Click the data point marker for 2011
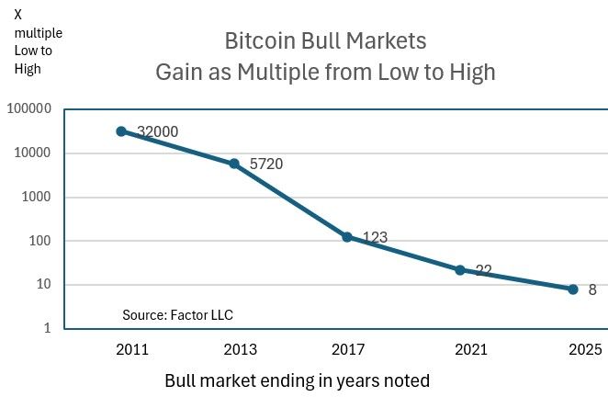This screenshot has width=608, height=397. point(120,131)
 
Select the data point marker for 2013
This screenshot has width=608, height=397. point(234,164)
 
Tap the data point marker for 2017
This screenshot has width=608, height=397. point(347,237)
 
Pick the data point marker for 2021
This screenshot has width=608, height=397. point(460,270)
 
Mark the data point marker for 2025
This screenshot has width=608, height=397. point(573,289)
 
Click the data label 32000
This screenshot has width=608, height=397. point(157,131)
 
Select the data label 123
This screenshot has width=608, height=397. point(375,237)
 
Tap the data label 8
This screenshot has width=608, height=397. point(592,289)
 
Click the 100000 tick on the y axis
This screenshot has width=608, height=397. point(29,109)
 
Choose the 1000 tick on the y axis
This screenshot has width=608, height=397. point(37,198)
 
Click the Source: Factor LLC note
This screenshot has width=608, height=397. point(177,315)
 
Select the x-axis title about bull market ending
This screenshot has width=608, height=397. point(297,380)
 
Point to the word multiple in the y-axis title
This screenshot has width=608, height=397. point(39,33)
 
